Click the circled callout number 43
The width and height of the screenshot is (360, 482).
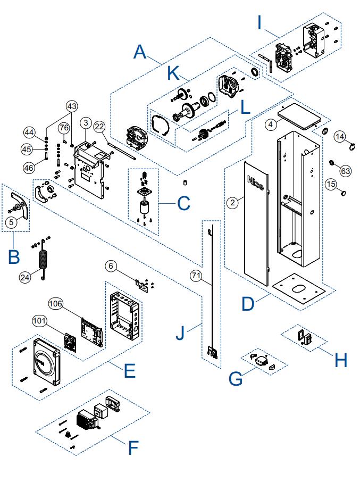(x=72, y=106)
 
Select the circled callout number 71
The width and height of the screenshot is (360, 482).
(x=196, y=275)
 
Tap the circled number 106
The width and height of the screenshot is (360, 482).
(x=56, y=304)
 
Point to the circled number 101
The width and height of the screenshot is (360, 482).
(x=40, y=321)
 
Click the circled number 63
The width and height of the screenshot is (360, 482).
(x=346, y=171)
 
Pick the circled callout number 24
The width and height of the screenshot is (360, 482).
(x=25, y=278)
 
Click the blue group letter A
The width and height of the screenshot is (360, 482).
(x=140, y=52)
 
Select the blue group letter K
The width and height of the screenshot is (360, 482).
(x=173, y=73)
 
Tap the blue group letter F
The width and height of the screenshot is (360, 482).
(x=133, y=448)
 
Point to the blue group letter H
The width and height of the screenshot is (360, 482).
(x=341, y=360)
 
